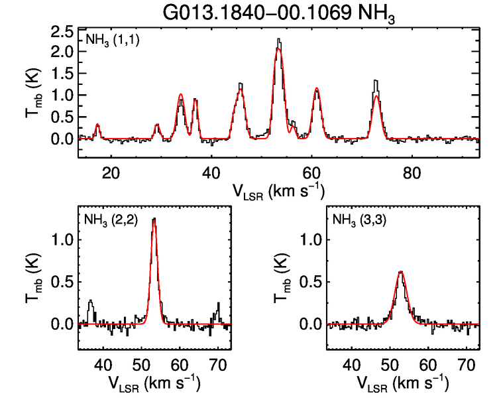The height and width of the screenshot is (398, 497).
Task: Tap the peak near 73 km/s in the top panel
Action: (376, 82)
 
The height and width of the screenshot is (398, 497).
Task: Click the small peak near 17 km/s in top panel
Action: (97, 124)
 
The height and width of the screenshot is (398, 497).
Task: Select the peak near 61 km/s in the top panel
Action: (317, 88)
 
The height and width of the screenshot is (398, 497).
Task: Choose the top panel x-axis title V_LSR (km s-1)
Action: (278, 191)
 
